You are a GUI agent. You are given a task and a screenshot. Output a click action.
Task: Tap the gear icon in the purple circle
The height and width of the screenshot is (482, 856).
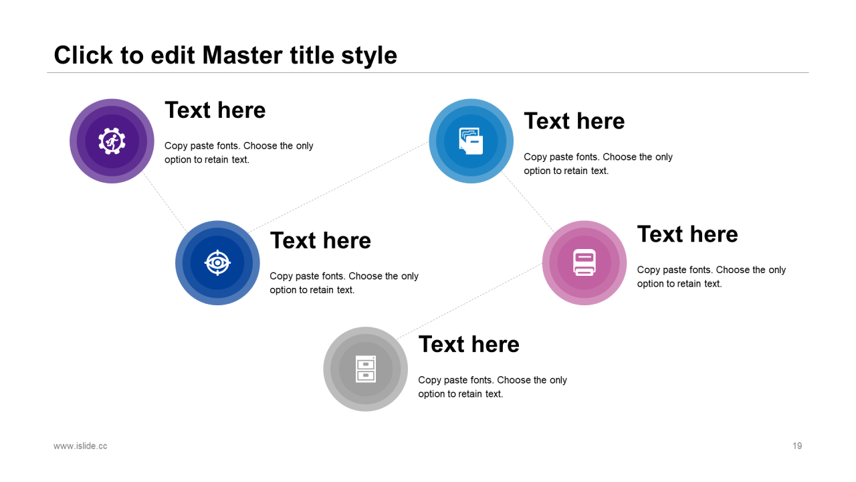(112, 141)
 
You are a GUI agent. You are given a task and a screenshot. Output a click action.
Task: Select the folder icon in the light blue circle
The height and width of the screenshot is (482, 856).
(471, 141)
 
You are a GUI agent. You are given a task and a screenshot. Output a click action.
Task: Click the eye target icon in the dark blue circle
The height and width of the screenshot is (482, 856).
(217, 263)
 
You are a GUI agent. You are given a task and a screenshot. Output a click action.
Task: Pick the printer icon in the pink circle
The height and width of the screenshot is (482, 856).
(584, 262)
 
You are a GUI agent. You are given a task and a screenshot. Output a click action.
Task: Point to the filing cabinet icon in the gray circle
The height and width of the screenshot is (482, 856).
(366, 369)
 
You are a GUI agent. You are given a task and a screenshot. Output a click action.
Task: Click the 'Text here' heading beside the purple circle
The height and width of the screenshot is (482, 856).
(215, 110)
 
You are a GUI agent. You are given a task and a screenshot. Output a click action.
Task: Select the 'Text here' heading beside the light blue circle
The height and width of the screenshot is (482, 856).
(574, 121)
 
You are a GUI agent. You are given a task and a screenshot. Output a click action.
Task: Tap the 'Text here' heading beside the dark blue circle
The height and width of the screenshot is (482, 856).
(320, 240)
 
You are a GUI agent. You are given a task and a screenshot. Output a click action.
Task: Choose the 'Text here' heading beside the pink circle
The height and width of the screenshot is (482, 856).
(687, 234)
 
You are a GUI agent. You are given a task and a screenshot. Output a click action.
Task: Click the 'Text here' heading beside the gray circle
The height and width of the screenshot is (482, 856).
(469, 344)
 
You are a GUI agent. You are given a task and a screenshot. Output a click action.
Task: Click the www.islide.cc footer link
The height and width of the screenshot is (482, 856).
(80, 446)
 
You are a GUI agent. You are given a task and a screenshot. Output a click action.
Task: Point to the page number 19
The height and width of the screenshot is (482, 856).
(797, 446)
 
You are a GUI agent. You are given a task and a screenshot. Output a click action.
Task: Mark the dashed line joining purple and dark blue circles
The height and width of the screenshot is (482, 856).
(165, 202)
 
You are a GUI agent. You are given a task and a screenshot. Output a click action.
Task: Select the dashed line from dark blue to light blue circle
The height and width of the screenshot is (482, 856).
(338, 187)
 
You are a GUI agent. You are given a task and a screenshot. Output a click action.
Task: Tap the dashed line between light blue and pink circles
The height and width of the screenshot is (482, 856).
(528, 202)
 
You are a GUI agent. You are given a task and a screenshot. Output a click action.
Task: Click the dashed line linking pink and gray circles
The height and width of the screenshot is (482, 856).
(469, 301)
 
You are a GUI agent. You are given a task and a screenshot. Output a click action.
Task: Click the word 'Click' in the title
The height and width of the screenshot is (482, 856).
(84, 55)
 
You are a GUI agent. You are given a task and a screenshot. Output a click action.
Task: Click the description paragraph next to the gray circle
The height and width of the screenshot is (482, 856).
(493, 387)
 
